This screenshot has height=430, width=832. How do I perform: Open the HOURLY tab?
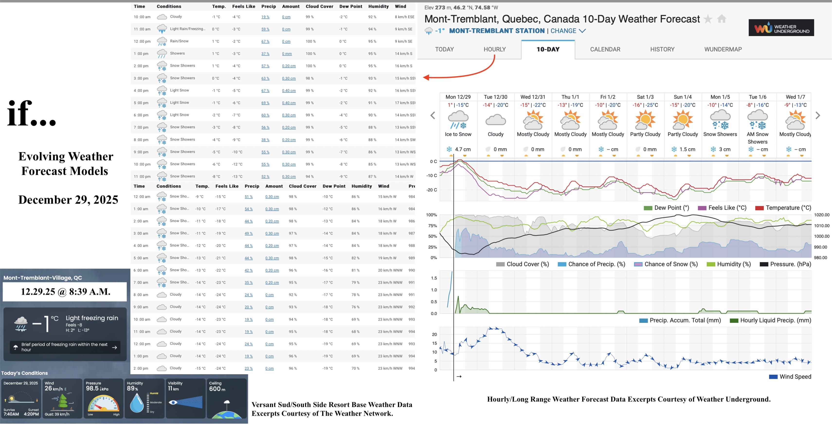tap(495, 49)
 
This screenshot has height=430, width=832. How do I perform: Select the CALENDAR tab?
tap(605, 49)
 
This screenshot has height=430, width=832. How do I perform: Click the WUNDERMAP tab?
tap(723, 49)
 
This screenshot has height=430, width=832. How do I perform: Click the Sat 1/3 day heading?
tap(645, 97)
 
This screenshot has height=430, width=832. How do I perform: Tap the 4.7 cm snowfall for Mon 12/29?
tap(462, 149)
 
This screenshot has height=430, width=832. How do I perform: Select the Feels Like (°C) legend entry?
tap(727, 208)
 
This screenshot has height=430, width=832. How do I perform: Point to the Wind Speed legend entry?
tap(795, 377)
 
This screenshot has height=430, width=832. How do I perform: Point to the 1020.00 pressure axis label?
tap(821, 215)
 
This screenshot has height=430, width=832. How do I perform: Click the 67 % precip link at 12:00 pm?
tap(265, 41)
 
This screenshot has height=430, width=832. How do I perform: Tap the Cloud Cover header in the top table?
tap(319, 7)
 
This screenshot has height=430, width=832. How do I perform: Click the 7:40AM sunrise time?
tap(11, 414)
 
